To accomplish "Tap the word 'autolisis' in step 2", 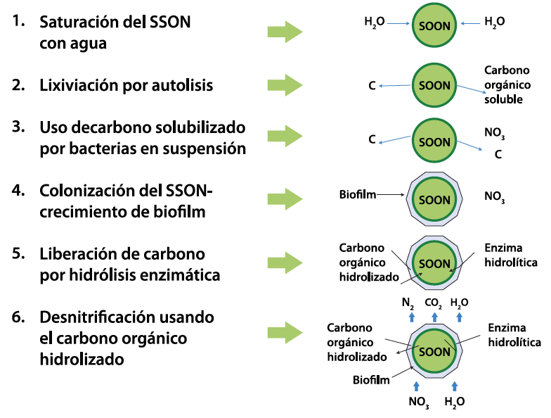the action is [x=182, y=85].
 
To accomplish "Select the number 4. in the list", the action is [x=18, y=190].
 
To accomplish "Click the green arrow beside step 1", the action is [x=285, y=32].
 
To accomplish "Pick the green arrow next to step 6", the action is [x=285, y=332].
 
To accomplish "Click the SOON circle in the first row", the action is [x=434, y=25].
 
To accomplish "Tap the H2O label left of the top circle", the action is [x=374, y=23].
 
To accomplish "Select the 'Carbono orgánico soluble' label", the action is [x=507, y=84].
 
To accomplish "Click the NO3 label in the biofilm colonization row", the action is [x=495, y=196].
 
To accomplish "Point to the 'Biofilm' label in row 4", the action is [x=357, y=194].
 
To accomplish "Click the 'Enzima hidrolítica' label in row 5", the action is [x=510, y=255].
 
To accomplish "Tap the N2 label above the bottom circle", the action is [x=408, y=303].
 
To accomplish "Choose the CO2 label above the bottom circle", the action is [x=433, y=303].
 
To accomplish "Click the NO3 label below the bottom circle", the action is [x=419, y=402].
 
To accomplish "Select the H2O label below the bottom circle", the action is [x=454, y=402].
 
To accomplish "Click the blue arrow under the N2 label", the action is [x=412, y=317].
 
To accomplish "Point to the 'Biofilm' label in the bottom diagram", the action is [x=371, y=380].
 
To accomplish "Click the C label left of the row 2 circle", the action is [x=372, y=86].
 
